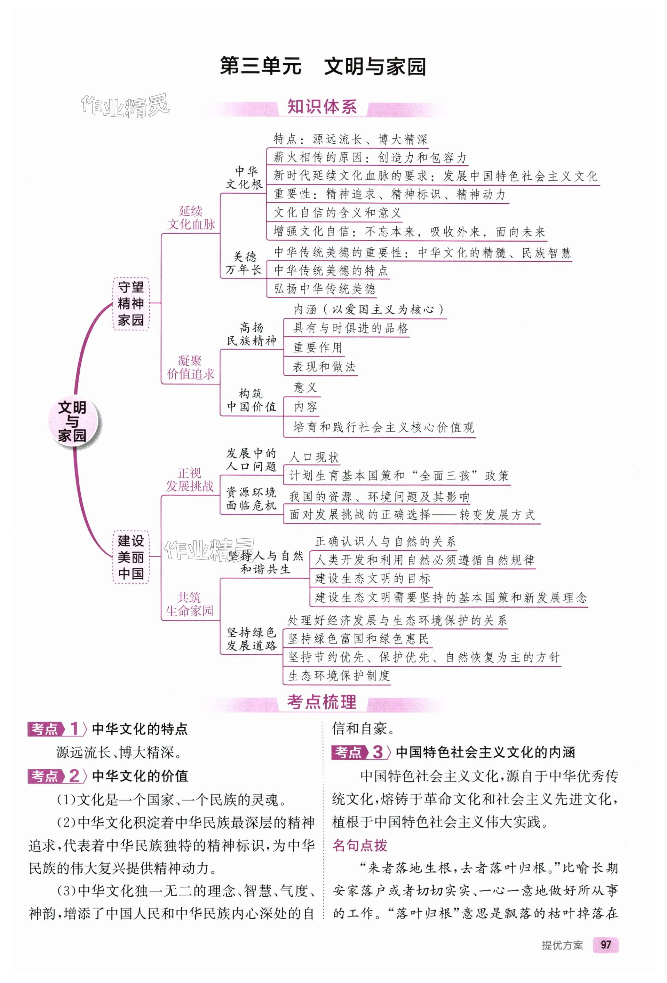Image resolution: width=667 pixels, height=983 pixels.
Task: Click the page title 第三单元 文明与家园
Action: point(323,67)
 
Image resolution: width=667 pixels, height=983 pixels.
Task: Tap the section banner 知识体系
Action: point(322,107)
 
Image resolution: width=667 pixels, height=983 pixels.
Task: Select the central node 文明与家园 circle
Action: point(72,421)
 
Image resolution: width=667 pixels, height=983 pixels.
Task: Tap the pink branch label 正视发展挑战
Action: point(189,479)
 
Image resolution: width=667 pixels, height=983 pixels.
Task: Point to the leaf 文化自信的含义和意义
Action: point(337,212)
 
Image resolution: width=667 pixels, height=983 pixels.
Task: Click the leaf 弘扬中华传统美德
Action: point(325,289)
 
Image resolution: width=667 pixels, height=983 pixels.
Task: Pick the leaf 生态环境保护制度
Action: point(339,676)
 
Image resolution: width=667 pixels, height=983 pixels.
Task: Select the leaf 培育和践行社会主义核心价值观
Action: point(383,427)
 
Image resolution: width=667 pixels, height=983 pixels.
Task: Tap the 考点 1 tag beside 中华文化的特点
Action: point(55,729)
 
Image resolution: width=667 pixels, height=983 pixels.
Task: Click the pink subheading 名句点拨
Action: point(360,845)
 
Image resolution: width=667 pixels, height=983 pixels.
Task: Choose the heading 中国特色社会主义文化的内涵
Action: point(485,752)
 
